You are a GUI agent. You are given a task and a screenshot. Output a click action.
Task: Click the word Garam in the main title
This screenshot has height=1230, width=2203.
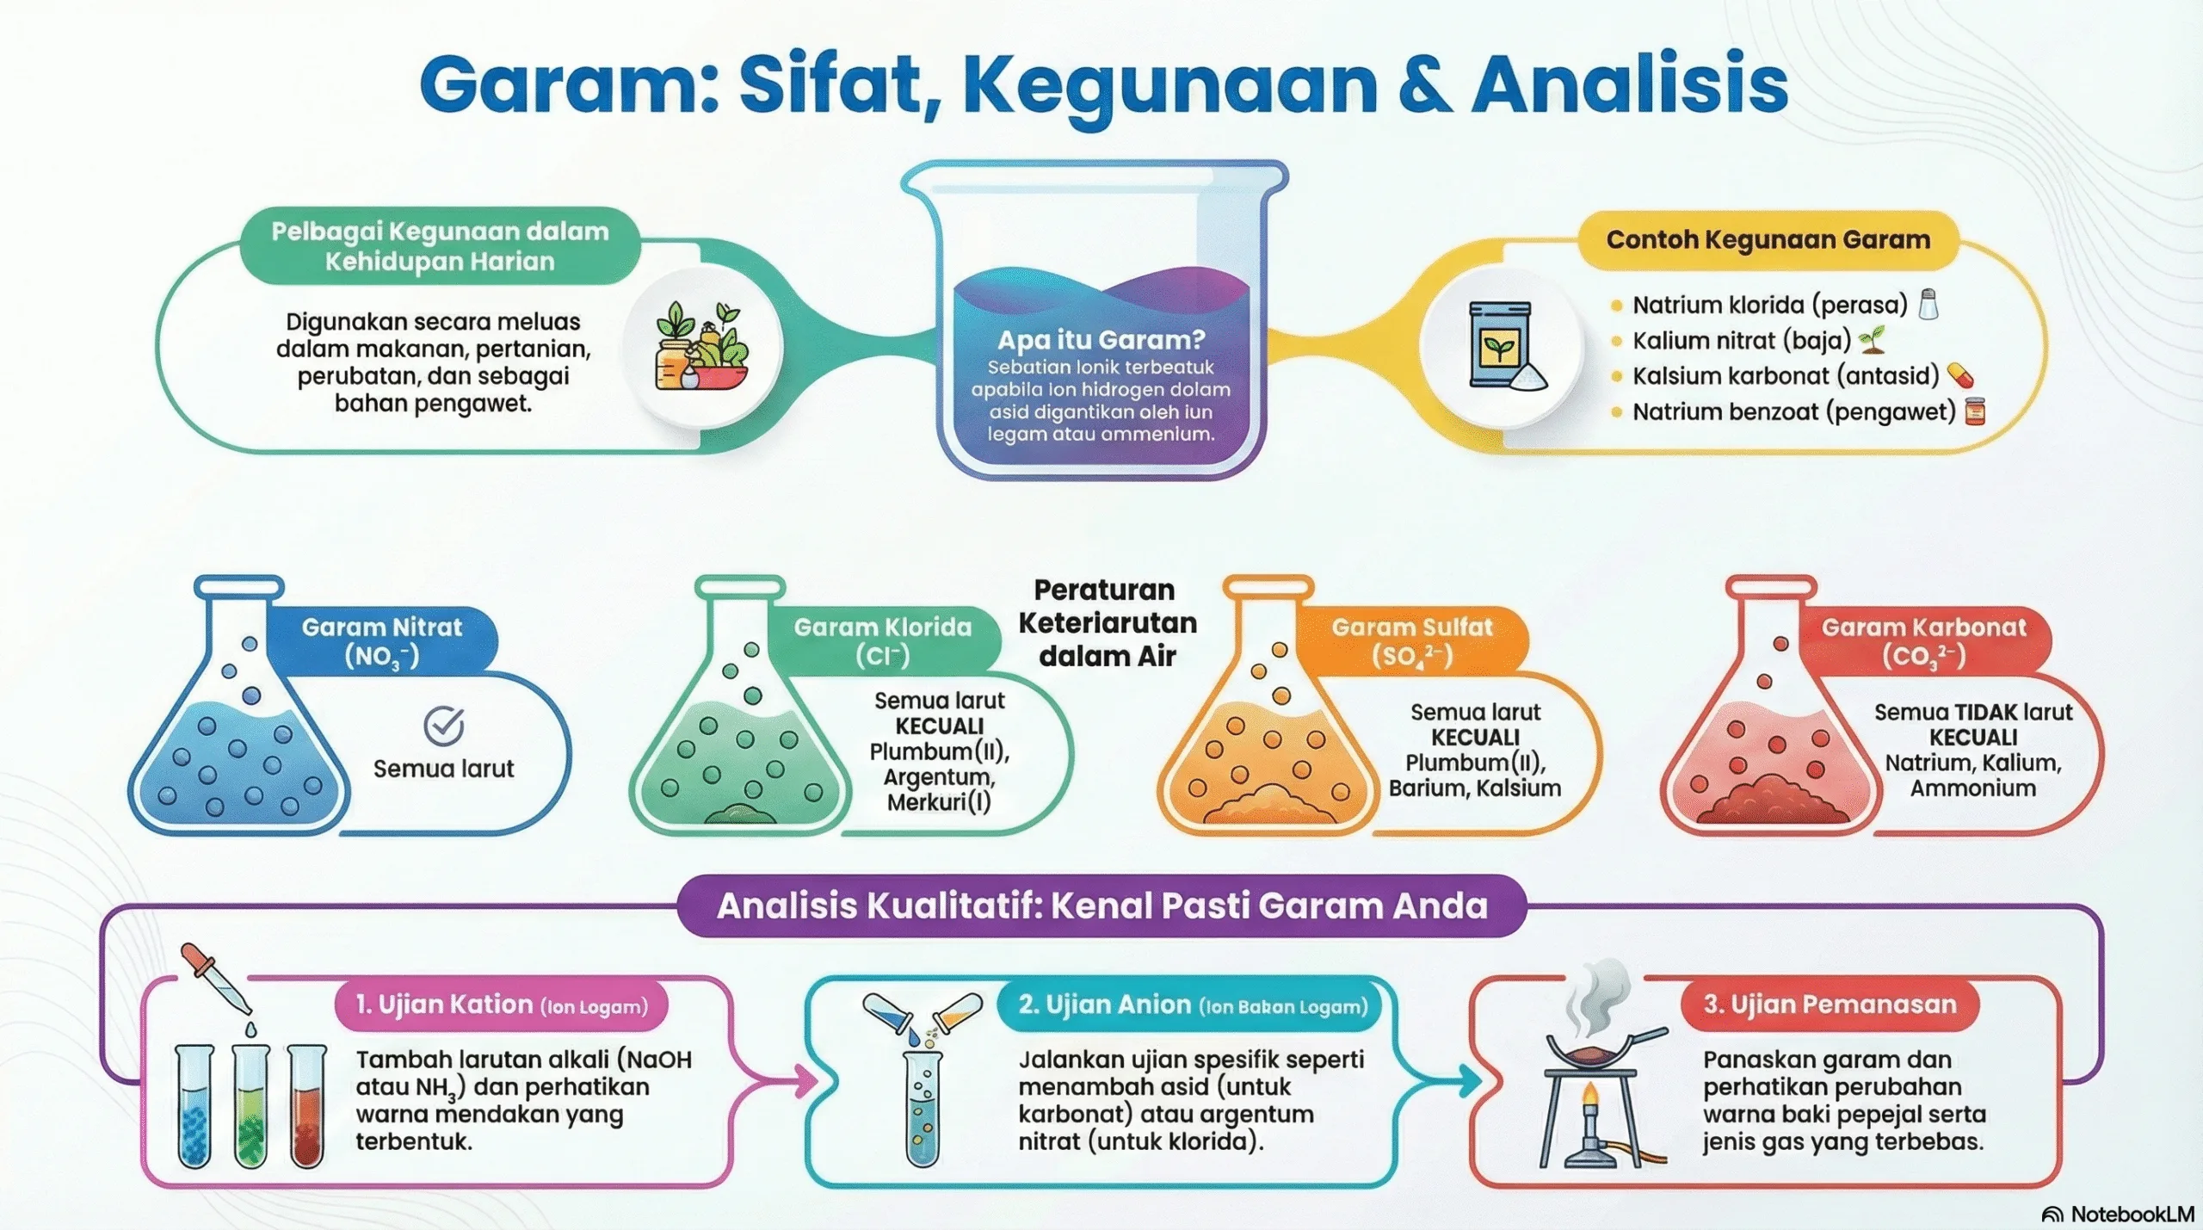point(568,84)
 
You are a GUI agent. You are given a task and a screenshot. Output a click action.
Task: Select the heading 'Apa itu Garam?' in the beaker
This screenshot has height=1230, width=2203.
point(1101,340)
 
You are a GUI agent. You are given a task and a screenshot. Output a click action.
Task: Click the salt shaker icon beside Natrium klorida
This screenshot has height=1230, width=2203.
point(1929,304)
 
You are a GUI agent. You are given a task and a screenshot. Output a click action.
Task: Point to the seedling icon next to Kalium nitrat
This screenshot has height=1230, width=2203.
point(1873,340)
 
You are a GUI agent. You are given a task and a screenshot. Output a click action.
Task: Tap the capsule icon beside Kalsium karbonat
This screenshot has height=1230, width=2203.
point(1959,375)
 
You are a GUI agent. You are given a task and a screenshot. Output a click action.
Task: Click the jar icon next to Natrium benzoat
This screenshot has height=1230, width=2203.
point(1975,411)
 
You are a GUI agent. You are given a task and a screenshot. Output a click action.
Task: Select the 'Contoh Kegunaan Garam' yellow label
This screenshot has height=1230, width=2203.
point(1768,239)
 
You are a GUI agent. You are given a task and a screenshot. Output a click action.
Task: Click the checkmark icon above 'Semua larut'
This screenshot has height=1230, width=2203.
point(444,726)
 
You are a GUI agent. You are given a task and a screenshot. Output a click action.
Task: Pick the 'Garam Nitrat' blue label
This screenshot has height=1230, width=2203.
point(381,640)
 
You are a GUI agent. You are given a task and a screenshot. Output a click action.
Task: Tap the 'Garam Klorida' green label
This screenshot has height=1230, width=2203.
point(882,640)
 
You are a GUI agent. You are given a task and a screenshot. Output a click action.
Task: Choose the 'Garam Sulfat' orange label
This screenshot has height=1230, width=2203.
point(1412,640)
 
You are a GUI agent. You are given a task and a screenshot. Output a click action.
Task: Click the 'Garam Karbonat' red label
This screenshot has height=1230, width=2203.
point(1923,640)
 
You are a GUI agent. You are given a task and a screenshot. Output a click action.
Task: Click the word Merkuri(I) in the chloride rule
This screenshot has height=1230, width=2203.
point(939,802)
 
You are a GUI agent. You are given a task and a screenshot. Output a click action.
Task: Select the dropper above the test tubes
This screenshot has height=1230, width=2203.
point(215,979)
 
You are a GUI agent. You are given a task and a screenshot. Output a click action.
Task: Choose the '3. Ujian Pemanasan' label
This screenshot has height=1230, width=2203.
point(1830,1004)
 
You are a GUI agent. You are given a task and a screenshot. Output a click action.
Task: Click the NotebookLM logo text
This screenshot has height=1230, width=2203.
point(2130,1214)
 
